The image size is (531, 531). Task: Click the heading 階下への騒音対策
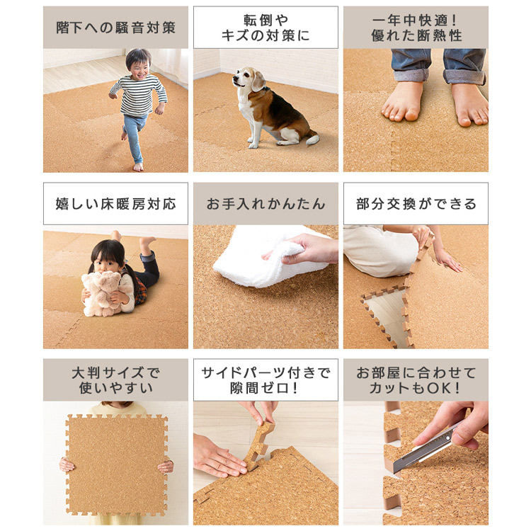116,28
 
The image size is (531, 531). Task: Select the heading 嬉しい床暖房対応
116,204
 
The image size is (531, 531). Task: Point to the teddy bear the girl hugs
101,293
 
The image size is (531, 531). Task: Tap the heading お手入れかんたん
265,204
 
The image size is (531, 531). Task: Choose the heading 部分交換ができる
416,204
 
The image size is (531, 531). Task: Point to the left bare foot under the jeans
402,101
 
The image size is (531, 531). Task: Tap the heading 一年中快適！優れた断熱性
416,28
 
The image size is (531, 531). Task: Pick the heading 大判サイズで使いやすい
116,380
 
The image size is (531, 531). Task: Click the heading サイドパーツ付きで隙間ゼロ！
265,380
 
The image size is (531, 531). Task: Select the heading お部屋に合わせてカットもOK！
416,380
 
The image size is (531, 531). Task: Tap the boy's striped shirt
139,95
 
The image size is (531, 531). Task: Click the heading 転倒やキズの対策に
265,28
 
